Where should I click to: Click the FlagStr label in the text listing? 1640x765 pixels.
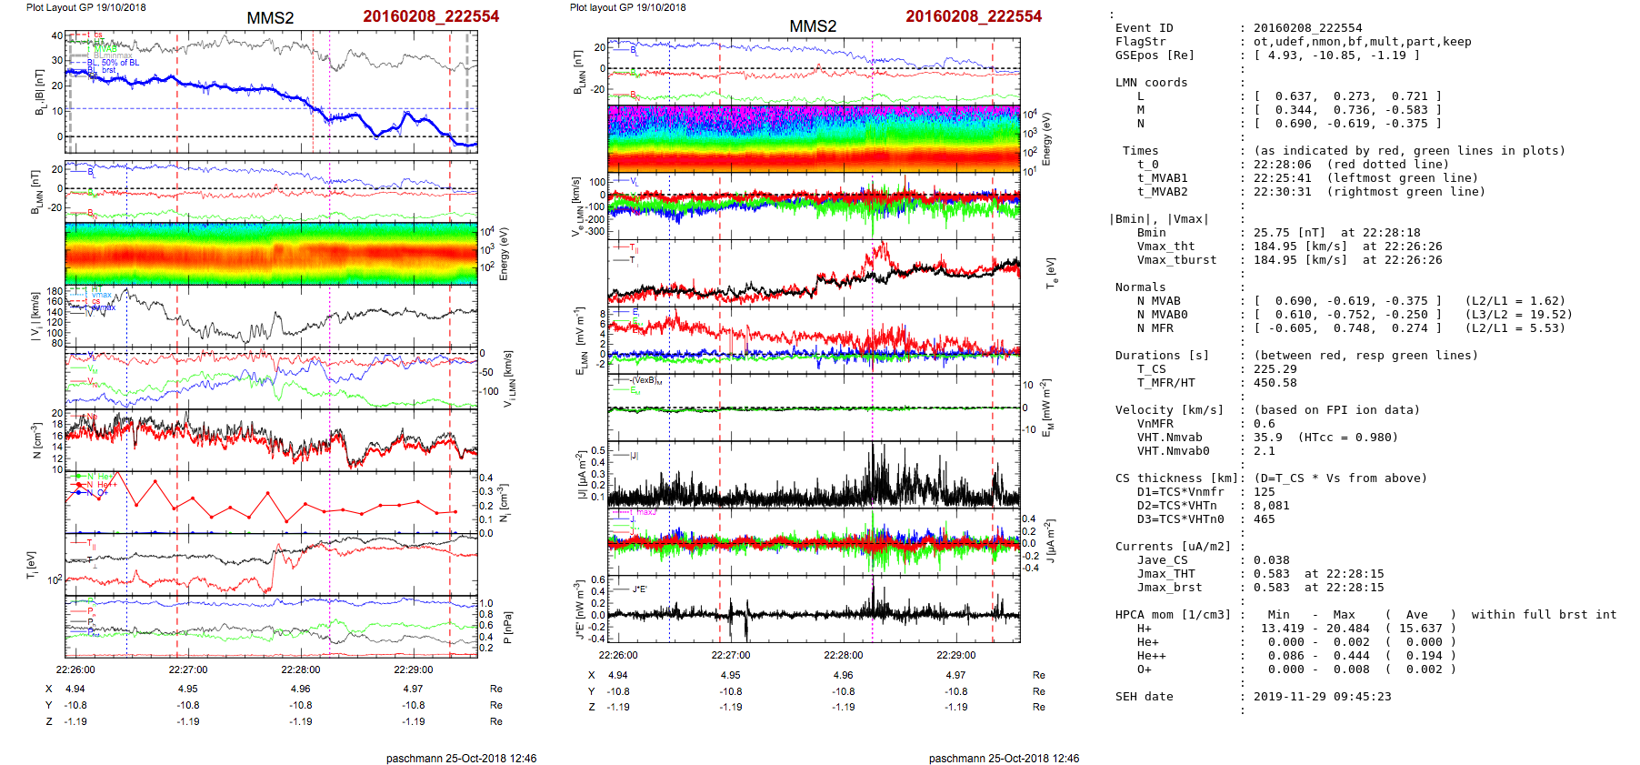(1140, 42)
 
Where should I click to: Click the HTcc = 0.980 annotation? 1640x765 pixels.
(1347, 438)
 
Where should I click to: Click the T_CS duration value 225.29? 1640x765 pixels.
(1271, 369)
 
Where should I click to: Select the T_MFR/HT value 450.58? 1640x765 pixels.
(1271, 383)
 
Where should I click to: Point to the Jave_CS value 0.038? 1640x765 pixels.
(1271, 560)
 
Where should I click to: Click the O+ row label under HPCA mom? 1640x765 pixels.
(1144, 669)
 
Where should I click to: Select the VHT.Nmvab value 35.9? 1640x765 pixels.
(1267, 438)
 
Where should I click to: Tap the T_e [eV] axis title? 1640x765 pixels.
(1052, 272)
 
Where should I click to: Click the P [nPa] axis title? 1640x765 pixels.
(506, 627)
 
